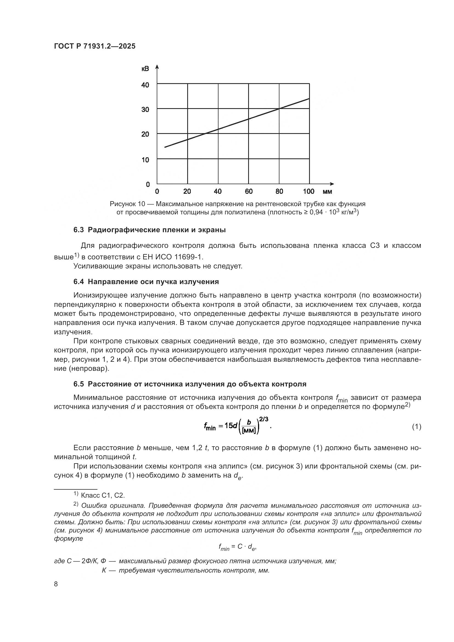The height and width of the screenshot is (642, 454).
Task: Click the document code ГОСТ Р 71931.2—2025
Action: coord(94,46)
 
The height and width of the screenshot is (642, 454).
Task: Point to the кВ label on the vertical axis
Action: coord(145,69)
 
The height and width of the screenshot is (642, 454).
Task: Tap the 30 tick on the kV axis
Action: coord(145,109)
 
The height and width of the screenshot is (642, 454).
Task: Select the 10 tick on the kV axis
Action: coord(145,160)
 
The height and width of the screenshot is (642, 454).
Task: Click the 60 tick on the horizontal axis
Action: coord(248,192)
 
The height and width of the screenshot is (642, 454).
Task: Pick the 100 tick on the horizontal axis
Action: coord(309,192)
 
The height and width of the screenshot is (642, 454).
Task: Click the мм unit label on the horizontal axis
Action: coord(327,192)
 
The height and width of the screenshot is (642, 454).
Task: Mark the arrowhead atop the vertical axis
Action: coord(157,66)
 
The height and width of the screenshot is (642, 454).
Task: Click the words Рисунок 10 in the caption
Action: coord(127,204)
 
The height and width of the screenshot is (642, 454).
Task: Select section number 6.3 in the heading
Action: coord(79,230)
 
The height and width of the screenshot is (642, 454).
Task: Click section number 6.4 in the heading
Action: coord(79,282)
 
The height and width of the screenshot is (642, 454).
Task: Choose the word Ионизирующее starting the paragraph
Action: coord(101,295)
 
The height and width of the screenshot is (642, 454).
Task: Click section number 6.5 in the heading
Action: coord(79,384)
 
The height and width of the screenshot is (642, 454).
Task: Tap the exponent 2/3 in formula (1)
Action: coord(264,419)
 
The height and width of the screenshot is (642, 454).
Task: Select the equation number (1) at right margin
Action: coord(417,427)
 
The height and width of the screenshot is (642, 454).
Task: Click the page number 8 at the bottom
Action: coord(56,584)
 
